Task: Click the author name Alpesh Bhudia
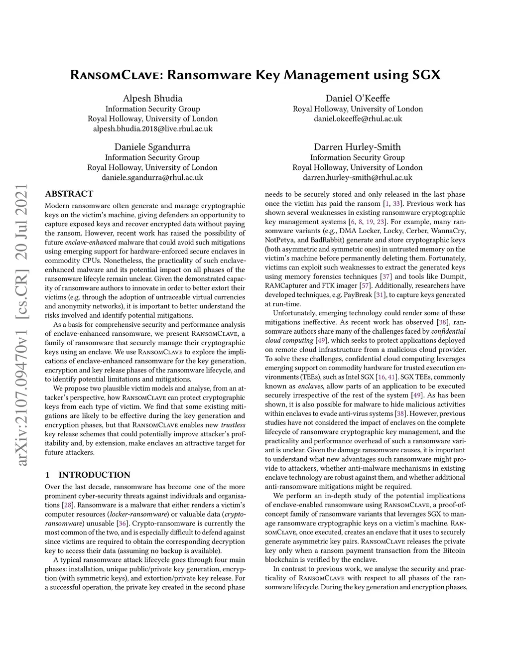[x=152, y=98]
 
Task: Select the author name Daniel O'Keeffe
[x=358, y=98]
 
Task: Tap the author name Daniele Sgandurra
[x=152, y=147]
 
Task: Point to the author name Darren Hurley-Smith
[x=357, y=147]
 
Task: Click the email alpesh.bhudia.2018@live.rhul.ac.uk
[x=152, y=129]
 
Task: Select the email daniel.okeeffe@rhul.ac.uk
[x=358, y=119]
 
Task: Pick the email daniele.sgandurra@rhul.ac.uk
[x=152, y=177]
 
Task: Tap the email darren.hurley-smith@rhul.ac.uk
[x=357, y=177]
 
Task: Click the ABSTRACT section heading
[x=69, y=194]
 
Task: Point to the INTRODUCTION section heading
[x=94, y=475]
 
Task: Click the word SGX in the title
[x=426, y=75]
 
